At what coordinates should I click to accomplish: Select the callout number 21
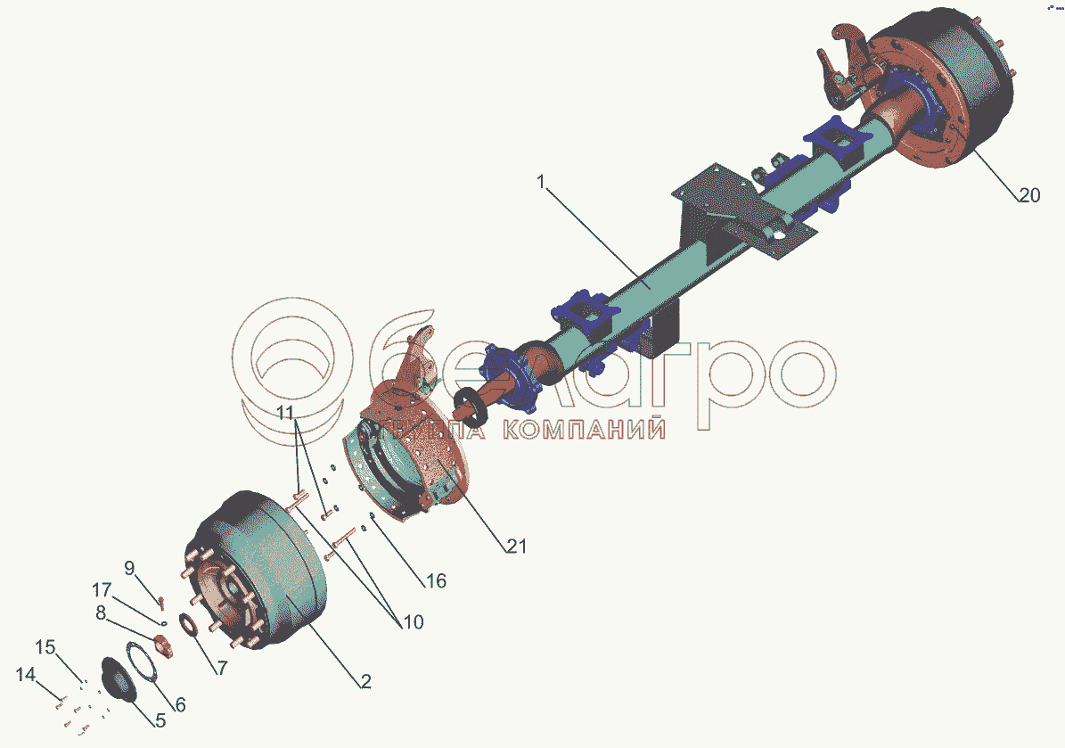click(x=517, y=546)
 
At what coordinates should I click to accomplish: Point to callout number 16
click(x=436, y=581)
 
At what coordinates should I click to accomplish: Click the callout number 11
click(x=284, y=413)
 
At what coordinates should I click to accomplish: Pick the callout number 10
click(x=413, y=621)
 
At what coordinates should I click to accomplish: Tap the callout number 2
click(x=365, y=682)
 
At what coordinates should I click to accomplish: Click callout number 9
click(x=129, y=567)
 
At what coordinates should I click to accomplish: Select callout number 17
click(x=102, y=589)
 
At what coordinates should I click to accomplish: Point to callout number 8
click(x=102, y=612)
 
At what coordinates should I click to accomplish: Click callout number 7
click(x=222, y=668)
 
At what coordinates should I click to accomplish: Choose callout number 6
click(x=180, y=703)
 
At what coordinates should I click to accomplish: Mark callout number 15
click(x=45, y=645)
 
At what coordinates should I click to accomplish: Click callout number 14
click(x=24, y=676)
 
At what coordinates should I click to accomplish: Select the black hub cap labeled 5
click(x=120, y=679)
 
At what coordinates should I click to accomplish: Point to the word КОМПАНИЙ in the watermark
click(x=585, y=431)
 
